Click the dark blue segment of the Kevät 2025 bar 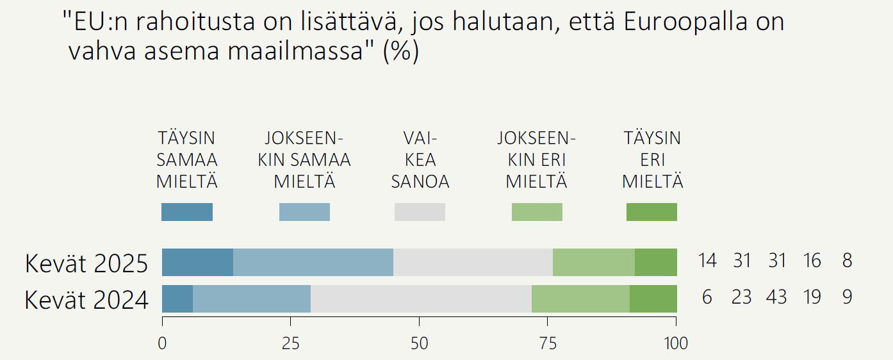[x=197, y=262]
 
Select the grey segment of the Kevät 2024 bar [x=421, y=299]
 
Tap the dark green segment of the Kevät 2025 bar [x=656, y=262]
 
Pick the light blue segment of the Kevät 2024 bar [x=252, y=299]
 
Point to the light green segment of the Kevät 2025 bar [x=594, y=262]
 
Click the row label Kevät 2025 [x=86, y=263]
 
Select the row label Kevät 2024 [x=86, y=300]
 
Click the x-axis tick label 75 [x=548, y=344]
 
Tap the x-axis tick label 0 [x=162, y=344]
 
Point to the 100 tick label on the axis [x=676, y=344]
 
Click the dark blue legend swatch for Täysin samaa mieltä [x=187, y=212]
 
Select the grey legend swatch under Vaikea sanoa [x=420, y=212]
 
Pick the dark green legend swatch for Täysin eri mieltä [x=651, y=212]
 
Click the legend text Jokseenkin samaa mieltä [x=304, y=160]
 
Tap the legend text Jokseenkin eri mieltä [x=537, y=160]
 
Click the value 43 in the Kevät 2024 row [x=776, y=297]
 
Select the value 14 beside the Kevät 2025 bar [x=707, y=261]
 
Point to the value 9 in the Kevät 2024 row [x=847, y=297]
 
